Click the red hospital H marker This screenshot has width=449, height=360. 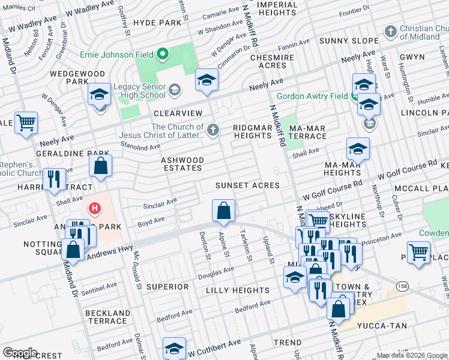point(95,209)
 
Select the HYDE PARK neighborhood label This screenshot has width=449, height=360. point(157,22)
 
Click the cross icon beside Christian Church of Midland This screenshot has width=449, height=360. point(391,31)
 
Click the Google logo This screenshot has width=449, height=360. point(20,352)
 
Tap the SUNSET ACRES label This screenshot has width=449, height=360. point(248,185)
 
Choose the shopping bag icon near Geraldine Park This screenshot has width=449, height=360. point(101,166)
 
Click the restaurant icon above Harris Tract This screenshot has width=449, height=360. point(54,179)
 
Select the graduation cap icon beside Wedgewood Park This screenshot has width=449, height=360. point(100,94)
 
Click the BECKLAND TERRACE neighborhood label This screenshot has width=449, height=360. point(108,317)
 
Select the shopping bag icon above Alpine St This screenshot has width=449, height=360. point(223,211)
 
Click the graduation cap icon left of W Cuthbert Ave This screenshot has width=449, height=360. point(174,348)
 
